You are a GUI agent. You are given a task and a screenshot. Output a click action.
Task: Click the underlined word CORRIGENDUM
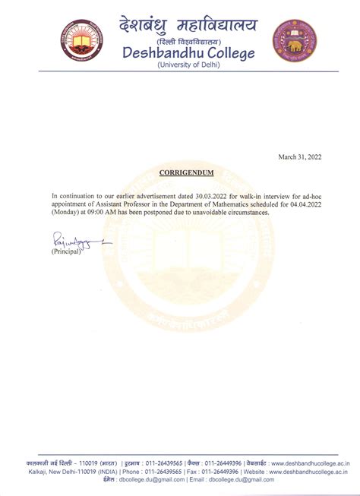click(x=186, y=173)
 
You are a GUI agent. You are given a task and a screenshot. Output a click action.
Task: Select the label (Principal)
click(x=66, y=251)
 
